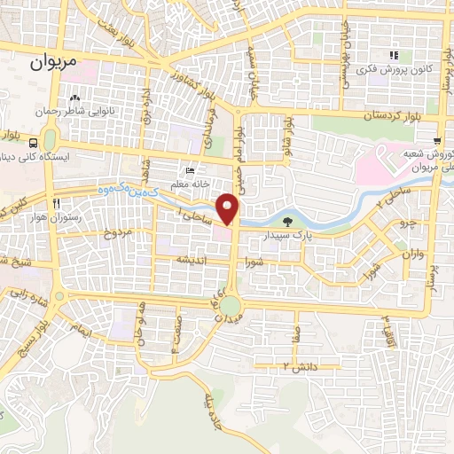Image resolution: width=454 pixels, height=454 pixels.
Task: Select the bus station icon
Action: click(x=33, y=142)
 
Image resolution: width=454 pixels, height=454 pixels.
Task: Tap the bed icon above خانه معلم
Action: click(x=189, y=171)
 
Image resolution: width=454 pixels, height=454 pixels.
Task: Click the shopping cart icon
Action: click(x=437, y=141)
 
